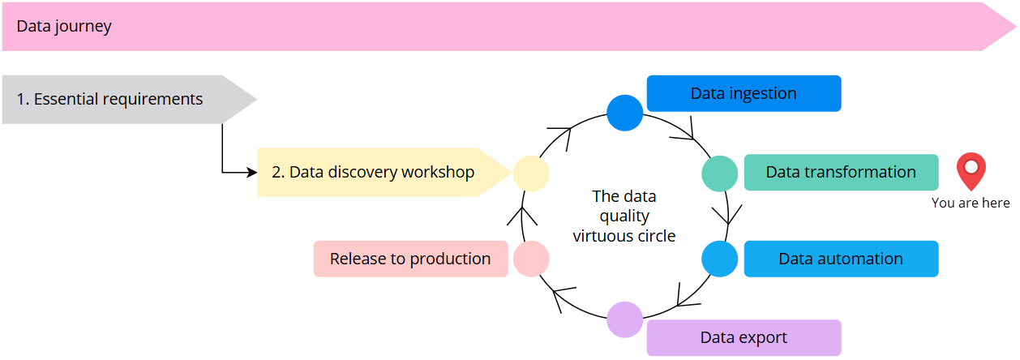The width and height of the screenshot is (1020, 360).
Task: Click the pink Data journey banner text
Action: click(64, 27)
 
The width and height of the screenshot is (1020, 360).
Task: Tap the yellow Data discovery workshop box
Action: click(373, 173)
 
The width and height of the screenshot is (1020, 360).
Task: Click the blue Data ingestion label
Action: click(744, 93)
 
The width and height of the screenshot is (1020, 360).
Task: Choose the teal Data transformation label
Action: click(841, 173)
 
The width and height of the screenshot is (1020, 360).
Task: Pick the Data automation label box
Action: click(841, 259)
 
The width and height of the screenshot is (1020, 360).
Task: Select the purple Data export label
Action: click(744, 338)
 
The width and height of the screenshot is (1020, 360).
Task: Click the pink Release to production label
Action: click(410, 259)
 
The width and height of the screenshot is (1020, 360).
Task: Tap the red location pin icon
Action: click(971, 171)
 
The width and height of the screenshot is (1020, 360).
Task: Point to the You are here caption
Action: click(971, 204)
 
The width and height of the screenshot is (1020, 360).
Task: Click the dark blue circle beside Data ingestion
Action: click(624, 113)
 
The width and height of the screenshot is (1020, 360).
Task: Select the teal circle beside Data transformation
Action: click(719, 174)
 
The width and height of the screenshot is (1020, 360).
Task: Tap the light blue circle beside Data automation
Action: click(719, 259)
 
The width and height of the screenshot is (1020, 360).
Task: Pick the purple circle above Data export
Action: click(624, 319)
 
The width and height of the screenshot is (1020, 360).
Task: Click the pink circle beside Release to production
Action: click(531, 259)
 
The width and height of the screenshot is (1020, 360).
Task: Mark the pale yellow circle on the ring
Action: click(531, 174)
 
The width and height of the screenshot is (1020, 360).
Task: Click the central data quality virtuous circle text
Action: click(624, 216)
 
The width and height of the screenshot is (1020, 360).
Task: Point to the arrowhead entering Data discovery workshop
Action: click(251, 173)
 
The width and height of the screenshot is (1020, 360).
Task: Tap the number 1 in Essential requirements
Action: click(21, 100)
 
